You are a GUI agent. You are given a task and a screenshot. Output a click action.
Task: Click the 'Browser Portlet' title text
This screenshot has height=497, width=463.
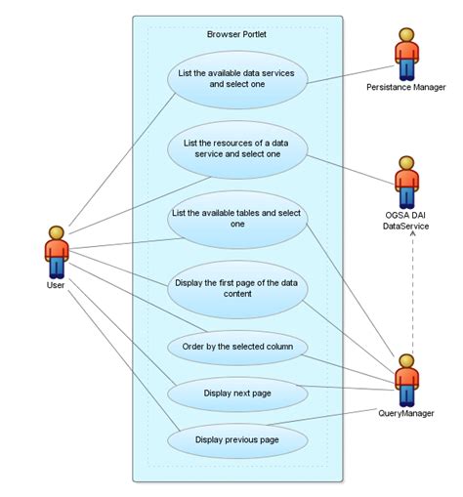pyautogui.click(x=236, y=34)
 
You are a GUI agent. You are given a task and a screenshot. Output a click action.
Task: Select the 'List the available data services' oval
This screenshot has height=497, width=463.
pyautogui.click(x=237, y=78)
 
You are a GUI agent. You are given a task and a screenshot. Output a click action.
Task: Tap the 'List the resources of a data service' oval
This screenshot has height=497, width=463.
pyautogui.click(x=237, y=147)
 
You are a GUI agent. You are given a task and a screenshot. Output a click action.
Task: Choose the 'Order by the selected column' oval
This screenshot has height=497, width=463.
pyautogui.click(x=237, y=346)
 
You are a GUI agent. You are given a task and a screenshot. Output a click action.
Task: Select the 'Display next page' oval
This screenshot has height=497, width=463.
pyautogui.click(x=237, y=393)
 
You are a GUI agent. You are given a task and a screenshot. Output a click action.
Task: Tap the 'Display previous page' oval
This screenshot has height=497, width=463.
pyautogui.click(x=237, y=439)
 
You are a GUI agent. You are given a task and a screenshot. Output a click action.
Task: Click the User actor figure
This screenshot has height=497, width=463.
pyautogui.click(x=57, y=252)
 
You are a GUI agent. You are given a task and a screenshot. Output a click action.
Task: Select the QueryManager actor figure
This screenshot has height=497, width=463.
pyautogui.click(x=405, y=380)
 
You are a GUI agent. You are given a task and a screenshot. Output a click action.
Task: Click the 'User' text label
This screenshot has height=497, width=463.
pyautogui.click(x=57, y=286)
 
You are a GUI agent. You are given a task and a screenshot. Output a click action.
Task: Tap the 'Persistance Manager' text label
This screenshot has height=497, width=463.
pyautogui.click(x=405, y=88)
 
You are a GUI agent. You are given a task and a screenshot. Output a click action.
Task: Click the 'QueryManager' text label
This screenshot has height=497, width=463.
pyautogui.click(x=405, y=413)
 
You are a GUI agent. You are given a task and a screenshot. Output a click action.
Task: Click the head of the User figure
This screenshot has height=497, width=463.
pyautogui.click(x=57, y=231)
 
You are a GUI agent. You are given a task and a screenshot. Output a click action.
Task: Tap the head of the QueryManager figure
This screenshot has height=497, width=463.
pyautogui.click(x=405, y=360)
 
